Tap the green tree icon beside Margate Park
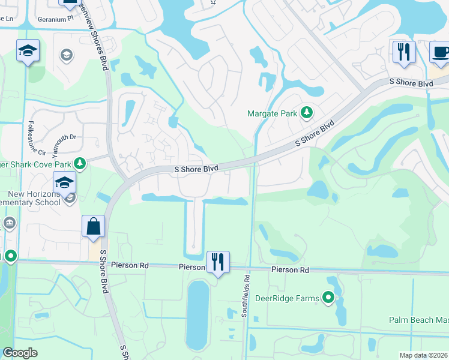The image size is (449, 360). (x=307, y=112)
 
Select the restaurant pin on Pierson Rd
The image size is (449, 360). (x=218, y=262)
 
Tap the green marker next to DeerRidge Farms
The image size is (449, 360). (x=328, y=297)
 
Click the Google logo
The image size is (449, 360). (x=19, y=353)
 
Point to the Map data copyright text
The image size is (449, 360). (x=424, y=355)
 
